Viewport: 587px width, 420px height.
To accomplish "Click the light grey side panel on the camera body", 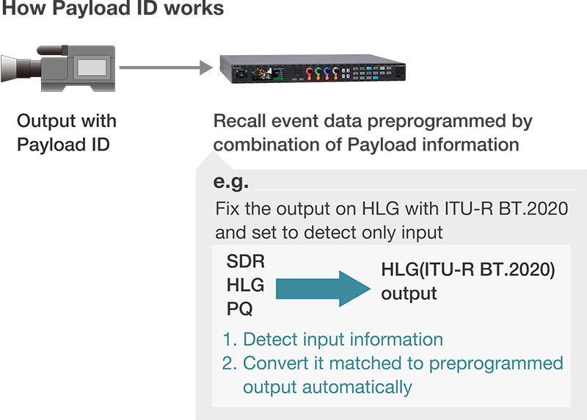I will tap(94, 68).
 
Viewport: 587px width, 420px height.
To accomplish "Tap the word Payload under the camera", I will tap(48, 144).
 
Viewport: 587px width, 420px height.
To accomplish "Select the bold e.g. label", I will tap(230, 181).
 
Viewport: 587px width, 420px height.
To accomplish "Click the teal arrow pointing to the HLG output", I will tap(323, 286).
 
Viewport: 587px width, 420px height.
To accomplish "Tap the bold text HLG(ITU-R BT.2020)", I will tap(467, 270).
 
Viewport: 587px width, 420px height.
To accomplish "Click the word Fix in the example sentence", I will tap(227, 209).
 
